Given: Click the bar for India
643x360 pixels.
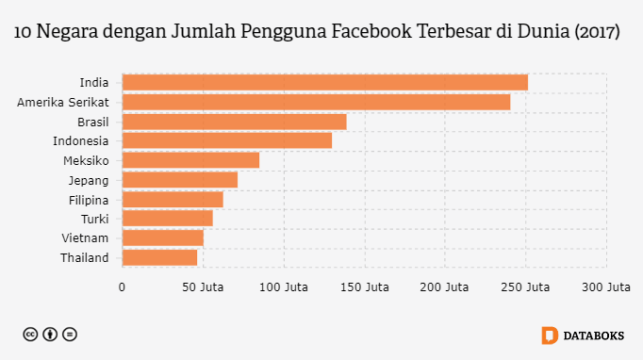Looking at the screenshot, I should [324, 82].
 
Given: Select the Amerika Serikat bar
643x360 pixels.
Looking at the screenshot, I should [316, 102].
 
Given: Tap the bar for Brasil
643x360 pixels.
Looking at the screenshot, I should [234, 122].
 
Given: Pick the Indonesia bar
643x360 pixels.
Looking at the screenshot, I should [226, 140].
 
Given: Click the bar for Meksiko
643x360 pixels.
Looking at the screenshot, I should [190, 160].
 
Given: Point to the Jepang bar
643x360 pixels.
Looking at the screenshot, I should [179, 180].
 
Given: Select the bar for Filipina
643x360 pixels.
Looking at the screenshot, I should [173, 200].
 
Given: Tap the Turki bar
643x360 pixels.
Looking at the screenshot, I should [167, 219].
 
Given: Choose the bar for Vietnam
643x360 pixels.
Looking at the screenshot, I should [162, 238].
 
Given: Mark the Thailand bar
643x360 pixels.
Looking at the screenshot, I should [159, 257].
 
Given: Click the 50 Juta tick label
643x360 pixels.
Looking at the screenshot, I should [202, 287].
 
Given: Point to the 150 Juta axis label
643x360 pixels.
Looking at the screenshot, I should [364, 287].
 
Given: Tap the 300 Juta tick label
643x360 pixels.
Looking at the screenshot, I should [605, 287].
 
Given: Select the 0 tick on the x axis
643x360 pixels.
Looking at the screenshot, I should [122, 287].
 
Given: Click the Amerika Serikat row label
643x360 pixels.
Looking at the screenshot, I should [63, 102].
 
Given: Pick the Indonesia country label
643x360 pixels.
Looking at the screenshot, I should [80, 140].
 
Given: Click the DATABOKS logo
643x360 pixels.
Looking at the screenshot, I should [583, 335].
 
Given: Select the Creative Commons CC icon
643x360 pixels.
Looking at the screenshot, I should [30, 335].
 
